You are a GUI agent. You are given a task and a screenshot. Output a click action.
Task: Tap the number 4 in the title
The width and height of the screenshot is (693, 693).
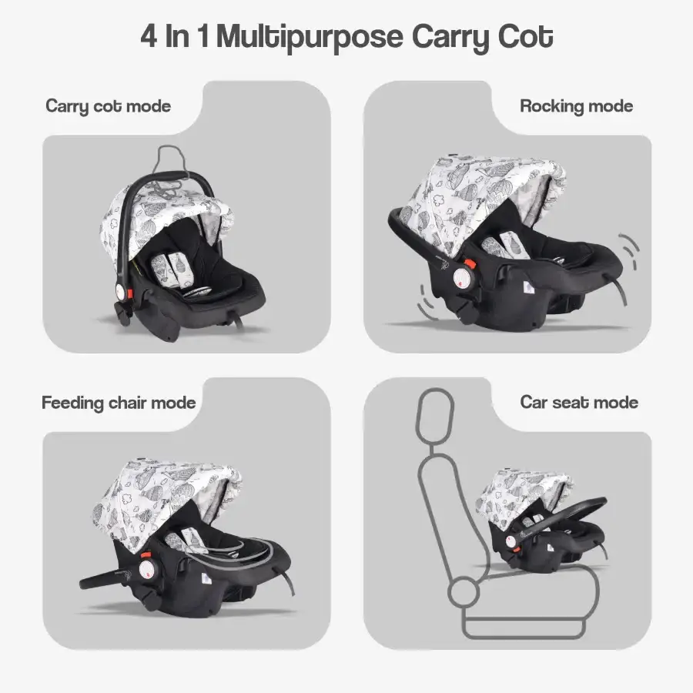coord(149,35)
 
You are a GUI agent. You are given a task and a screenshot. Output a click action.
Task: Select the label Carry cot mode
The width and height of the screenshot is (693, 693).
coord(109,106)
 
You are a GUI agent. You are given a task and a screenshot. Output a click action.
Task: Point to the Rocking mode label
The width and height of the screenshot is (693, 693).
coord(576,106)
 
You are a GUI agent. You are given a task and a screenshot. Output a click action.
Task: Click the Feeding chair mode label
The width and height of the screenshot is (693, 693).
coord(119,403)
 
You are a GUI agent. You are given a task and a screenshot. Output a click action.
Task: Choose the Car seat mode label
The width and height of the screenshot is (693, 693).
coord(579,402)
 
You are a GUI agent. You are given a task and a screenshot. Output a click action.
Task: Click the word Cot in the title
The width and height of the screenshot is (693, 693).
coord(525,36)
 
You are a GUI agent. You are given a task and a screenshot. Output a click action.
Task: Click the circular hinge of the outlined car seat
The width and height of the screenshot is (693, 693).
coord(464,592)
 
